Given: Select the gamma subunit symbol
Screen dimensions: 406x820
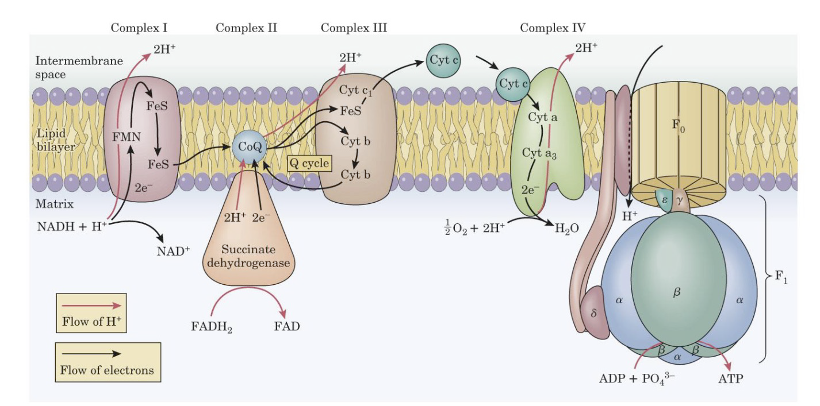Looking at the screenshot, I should point(679,199).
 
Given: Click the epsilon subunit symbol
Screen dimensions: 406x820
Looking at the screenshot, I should point(664,199).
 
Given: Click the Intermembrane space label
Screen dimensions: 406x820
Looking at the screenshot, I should point(68,68).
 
